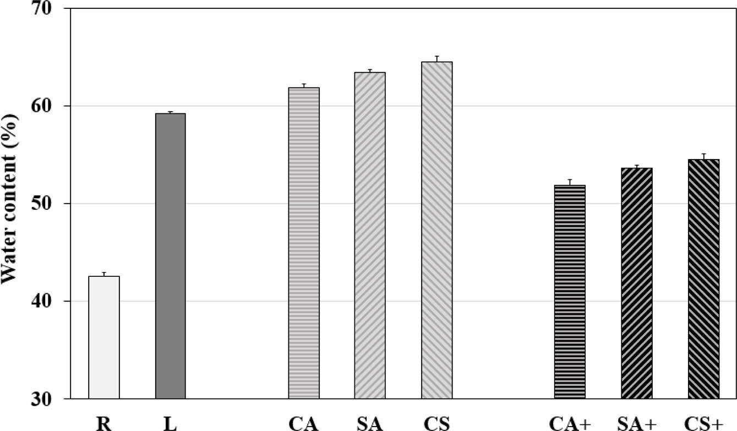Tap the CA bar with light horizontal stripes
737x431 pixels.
point(304,243)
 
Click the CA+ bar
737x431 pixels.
point(570,292)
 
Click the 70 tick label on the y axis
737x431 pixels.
point(53,9)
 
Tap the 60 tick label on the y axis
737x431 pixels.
point(53,106)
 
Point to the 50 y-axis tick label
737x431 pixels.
point(53,204)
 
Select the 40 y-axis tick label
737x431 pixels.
point(53,301)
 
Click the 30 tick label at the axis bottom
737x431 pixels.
point(53,399)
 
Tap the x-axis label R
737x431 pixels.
point(103,423)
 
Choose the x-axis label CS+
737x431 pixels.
point(703,423)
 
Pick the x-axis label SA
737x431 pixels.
point(370,423)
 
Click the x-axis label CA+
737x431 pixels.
point(569,423)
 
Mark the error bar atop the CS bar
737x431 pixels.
point(437,58)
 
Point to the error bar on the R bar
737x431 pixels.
point(104,274)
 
